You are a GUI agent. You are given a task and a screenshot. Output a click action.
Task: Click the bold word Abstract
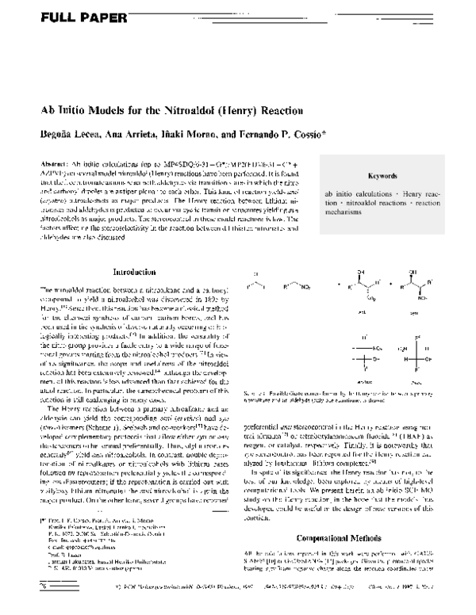(x=53, y=162)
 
